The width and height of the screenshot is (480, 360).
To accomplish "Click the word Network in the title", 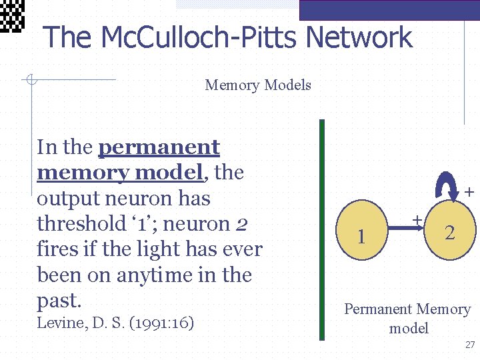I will tap(353, 37).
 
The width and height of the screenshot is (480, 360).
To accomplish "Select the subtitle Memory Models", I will tap(258, 85).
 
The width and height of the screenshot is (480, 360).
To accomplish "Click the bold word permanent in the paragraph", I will tap(159, 147).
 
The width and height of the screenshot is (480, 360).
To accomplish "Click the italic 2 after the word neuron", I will tap(242, 224).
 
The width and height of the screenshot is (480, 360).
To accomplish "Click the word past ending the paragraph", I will tap(59, 301).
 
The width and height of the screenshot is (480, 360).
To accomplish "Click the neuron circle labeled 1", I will tap(361, 234).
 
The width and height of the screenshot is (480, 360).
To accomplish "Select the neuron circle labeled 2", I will tap(450, 232).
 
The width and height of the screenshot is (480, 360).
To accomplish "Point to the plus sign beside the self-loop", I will tap(469, 193).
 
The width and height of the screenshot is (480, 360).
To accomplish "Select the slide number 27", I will tap(470, 345).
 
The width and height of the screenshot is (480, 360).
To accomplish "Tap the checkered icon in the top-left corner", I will tap(12, 15).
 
